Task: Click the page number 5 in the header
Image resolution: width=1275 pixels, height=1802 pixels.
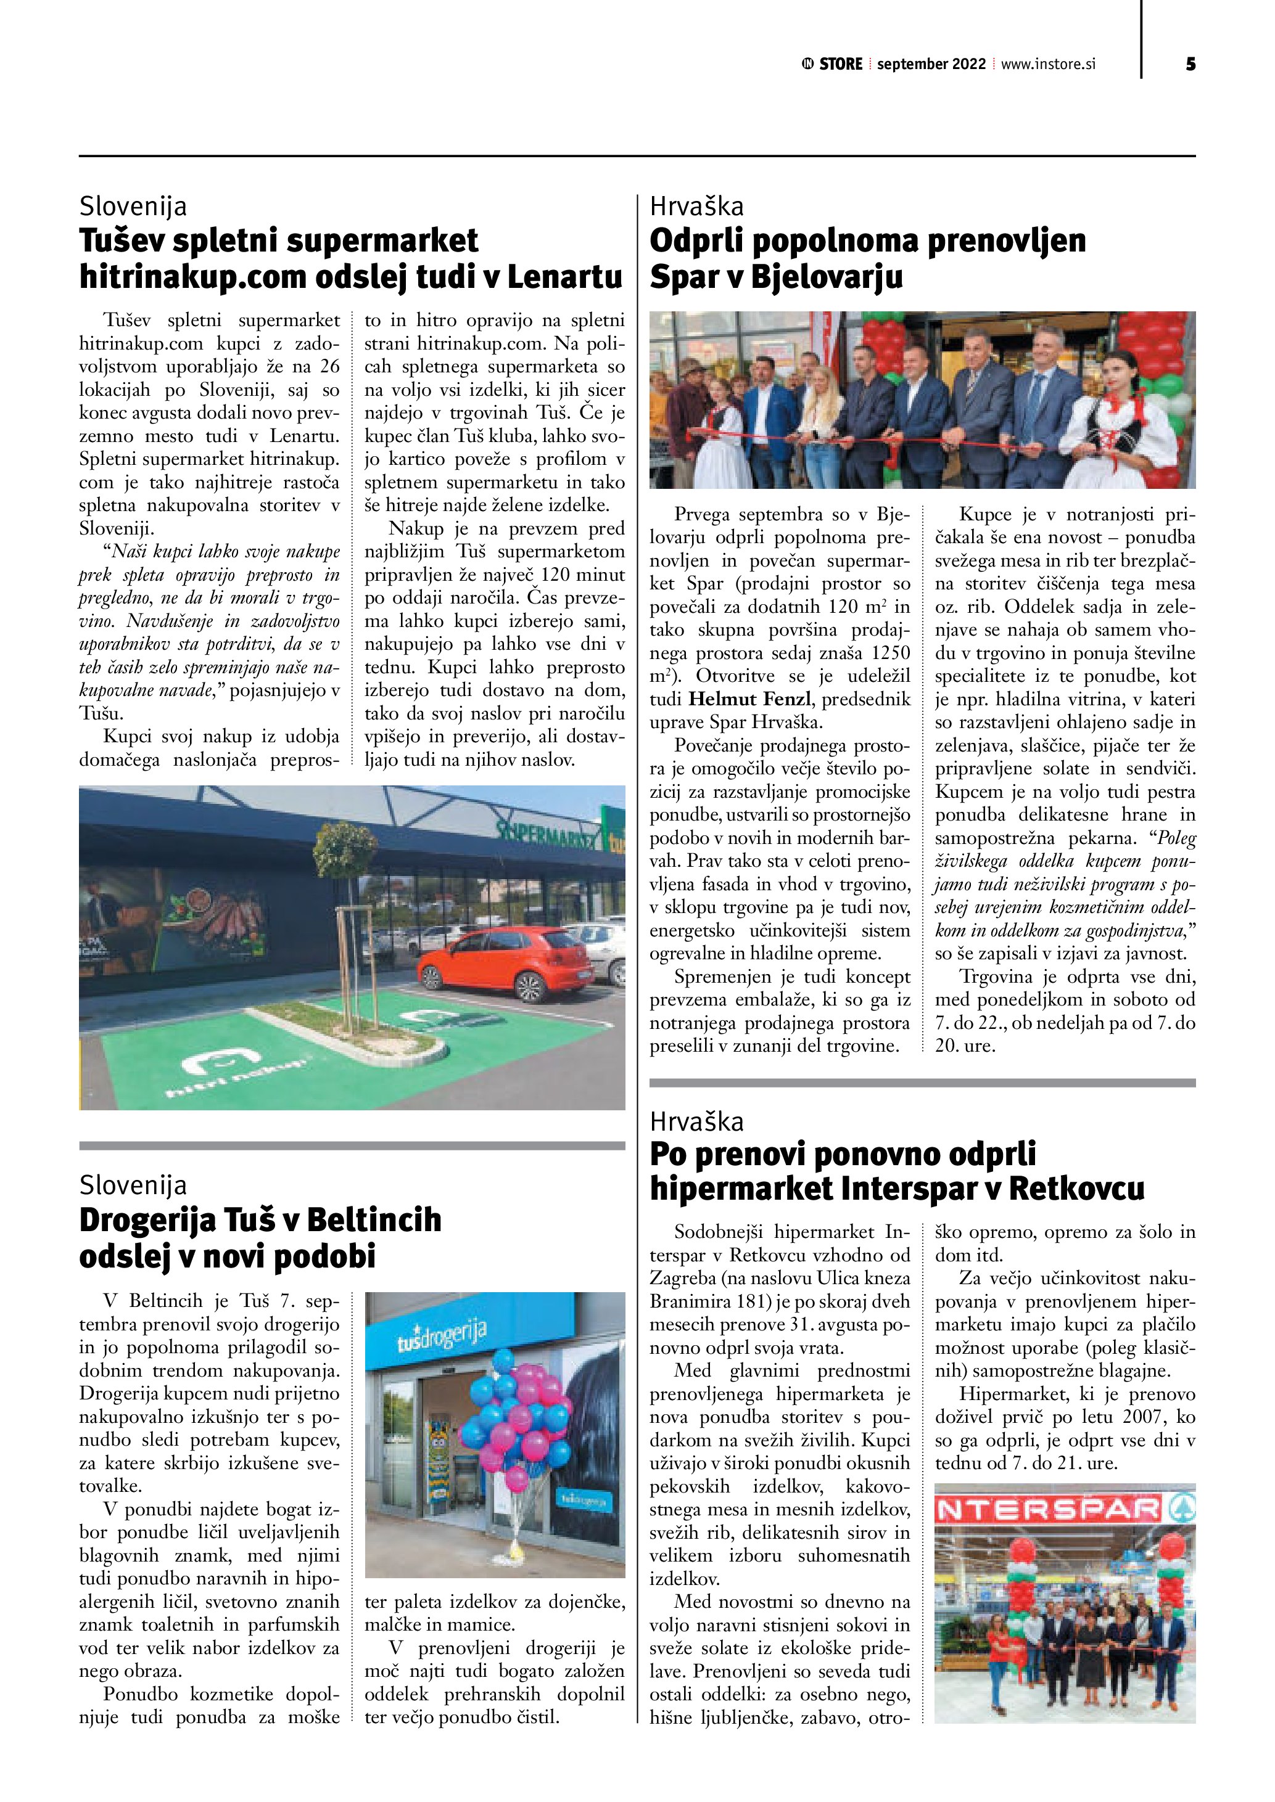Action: pos(1190,64)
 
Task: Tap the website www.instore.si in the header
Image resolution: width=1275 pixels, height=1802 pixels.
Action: pos(1047,64)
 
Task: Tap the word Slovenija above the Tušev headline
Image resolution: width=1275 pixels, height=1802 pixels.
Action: pos(133,207)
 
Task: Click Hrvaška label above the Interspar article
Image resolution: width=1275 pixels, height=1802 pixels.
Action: pos(696,1121)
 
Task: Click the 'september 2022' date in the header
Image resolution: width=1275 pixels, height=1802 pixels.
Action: pos(931,64)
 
